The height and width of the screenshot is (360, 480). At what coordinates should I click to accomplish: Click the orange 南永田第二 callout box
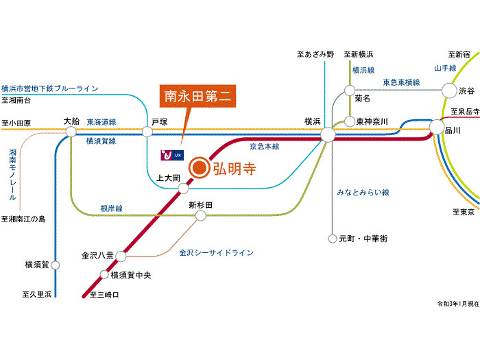coord(199,97)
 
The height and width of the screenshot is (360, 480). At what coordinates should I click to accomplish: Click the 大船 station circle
coord(71,130)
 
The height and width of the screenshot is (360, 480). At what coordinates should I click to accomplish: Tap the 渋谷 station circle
coord(448,90)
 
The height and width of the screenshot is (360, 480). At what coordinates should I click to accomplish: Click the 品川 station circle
coord(436,127)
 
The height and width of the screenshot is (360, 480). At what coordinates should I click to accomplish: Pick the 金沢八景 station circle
coord(121,256)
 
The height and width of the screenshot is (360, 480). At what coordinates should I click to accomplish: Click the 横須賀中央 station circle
coord(104,275)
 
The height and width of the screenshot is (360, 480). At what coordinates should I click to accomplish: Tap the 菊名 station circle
coord(350,90)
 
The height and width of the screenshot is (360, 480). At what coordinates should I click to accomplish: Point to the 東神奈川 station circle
coord(350,121)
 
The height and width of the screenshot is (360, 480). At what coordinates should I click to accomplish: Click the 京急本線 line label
coord(263,146)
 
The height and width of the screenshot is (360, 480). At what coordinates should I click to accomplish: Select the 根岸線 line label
coord(112,207)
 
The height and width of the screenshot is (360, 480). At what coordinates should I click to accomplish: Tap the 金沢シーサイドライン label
coord(216,253)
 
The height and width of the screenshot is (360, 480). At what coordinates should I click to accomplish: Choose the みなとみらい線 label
coord(363,192)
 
